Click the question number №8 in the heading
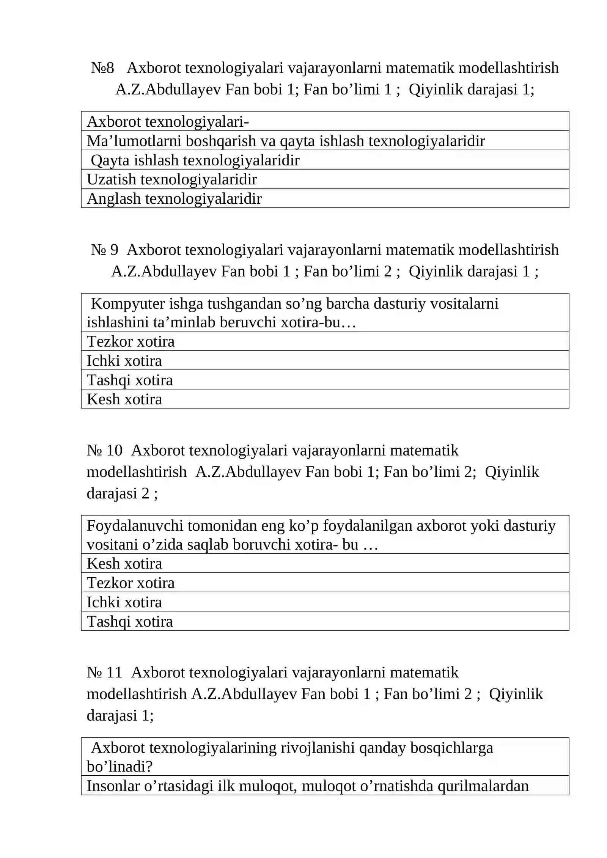[x=102, y=68]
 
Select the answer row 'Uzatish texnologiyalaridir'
[x=172, y=179]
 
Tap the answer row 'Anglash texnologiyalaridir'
[x=174, y=199]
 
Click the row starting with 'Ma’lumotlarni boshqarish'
[x=286, y=141]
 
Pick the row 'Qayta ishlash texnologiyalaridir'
[x=195, y=160]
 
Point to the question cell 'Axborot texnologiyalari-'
[x=168, y=122]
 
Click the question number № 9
[x=104, y=250]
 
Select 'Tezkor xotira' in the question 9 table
[x=131, y=342]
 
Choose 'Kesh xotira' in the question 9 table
[x=124, y=399]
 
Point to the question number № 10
[x=104, y=451]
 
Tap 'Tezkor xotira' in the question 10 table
[x=131, y=583]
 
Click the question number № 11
[x=104, y=673]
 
